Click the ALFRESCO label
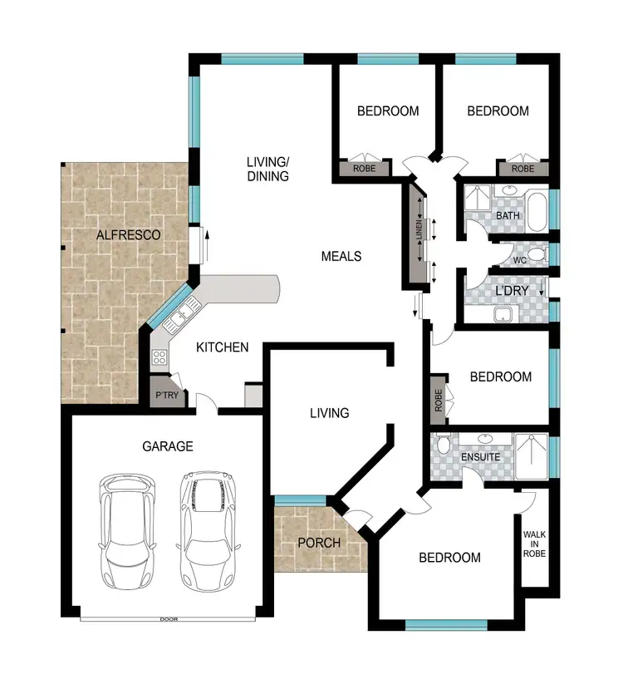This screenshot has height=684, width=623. [x=128, y=235]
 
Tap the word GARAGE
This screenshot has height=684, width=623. [x=167, y=446]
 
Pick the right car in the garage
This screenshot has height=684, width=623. [x=204, y=529]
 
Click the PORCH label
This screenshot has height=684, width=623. [x=319, y=543]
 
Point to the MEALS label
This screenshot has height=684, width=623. [x=341, y=256]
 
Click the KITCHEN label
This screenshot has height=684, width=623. [x=222, y=347]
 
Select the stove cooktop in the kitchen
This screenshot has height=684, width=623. [x=159, y=359]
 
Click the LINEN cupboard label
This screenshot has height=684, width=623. [x=419, y=230]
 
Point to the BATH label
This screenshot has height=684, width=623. [x=508, y=216]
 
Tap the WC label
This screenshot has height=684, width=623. [x=520, y=260]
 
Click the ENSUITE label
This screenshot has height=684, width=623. [x=479, y=457]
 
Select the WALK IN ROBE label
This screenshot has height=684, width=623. [x=534, y=544]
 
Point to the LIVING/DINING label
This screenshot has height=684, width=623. [x=267, y=169]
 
